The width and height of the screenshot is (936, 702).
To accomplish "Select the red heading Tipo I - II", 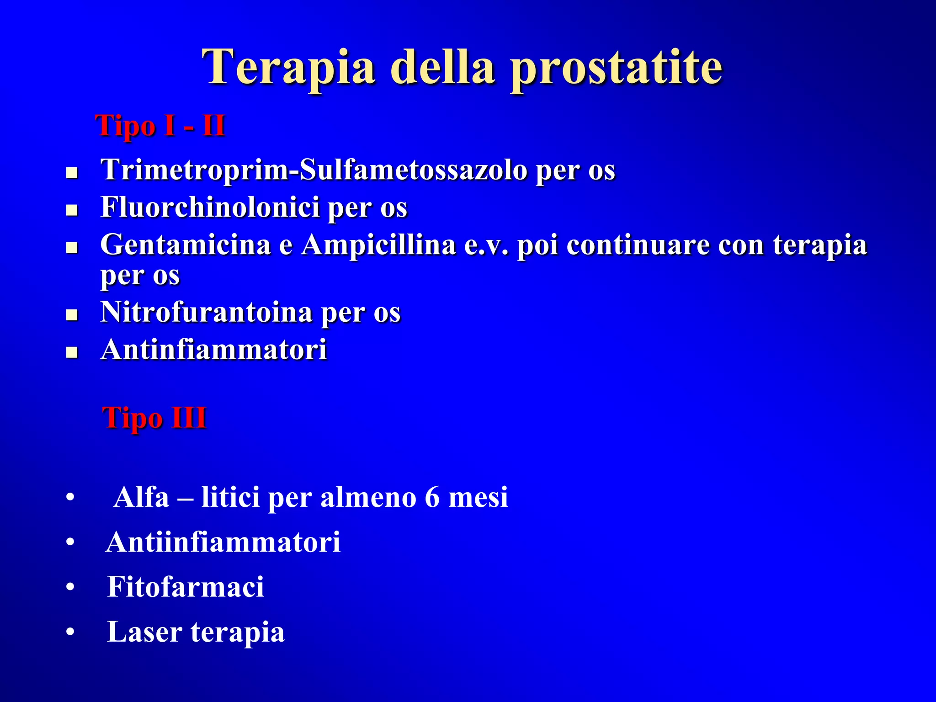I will tap(160, 126).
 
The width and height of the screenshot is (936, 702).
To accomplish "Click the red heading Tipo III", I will tap(154, 418).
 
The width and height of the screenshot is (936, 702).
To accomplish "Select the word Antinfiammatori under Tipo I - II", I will tap(214, 350).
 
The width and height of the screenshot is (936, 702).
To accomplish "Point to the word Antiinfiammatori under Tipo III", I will tap(223, 542).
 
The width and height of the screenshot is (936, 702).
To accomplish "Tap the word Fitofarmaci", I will tap(186, 587).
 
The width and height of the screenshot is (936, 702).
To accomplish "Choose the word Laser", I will tap(144, 632).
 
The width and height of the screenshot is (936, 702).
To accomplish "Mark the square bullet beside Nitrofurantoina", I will tap(72, 315).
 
